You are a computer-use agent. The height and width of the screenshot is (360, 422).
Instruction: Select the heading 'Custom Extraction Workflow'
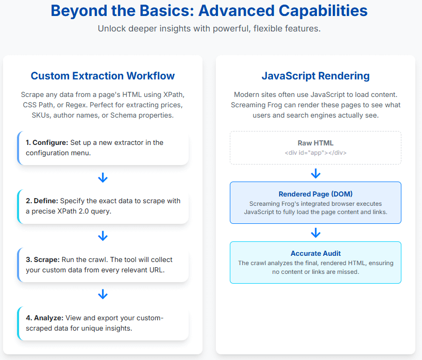pyautogui.click(x=103, y=76)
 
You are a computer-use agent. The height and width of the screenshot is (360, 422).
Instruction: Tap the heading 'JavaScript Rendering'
pyautogui.click(x=315, y=76)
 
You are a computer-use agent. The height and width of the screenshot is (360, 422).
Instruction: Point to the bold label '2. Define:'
pyautogui.click(x=43, y=201)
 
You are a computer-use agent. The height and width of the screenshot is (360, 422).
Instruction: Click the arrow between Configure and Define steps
pyautogui.click(x=103, y=178)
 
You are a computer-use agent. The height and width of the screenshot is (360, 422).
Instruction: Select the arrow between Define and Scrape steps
pyautogui.click(x=103, y=236)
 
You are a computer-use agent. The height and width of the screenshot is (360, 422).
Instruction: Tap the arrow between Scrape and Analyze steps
pyautogui.click(x=103, y=294)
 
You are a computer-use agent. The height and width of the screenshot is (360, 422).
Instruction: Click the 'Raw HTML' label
pyautogui.click(x=315, y=143)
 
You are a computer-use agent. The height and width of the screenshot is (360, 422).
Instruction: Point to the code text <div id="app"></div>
pyautogui.click(x=315, y=153)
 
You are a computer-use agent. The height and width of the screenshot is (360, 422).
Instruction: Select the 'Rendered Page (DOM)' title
pyautogui.click(x=315, y=194)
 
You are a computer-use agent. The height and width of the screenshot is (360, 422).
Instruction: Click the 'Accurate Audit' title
pyautogui.click(x=315, y=254)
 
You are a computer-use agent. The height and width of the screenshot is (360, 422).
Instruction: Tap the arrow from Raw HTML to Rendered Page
pyautogui.click(x=315, y=174)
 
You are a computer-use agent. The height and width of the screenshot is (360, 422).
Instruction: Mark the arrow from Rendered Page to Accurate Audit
pyautogui.click(x=315, y=233)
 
